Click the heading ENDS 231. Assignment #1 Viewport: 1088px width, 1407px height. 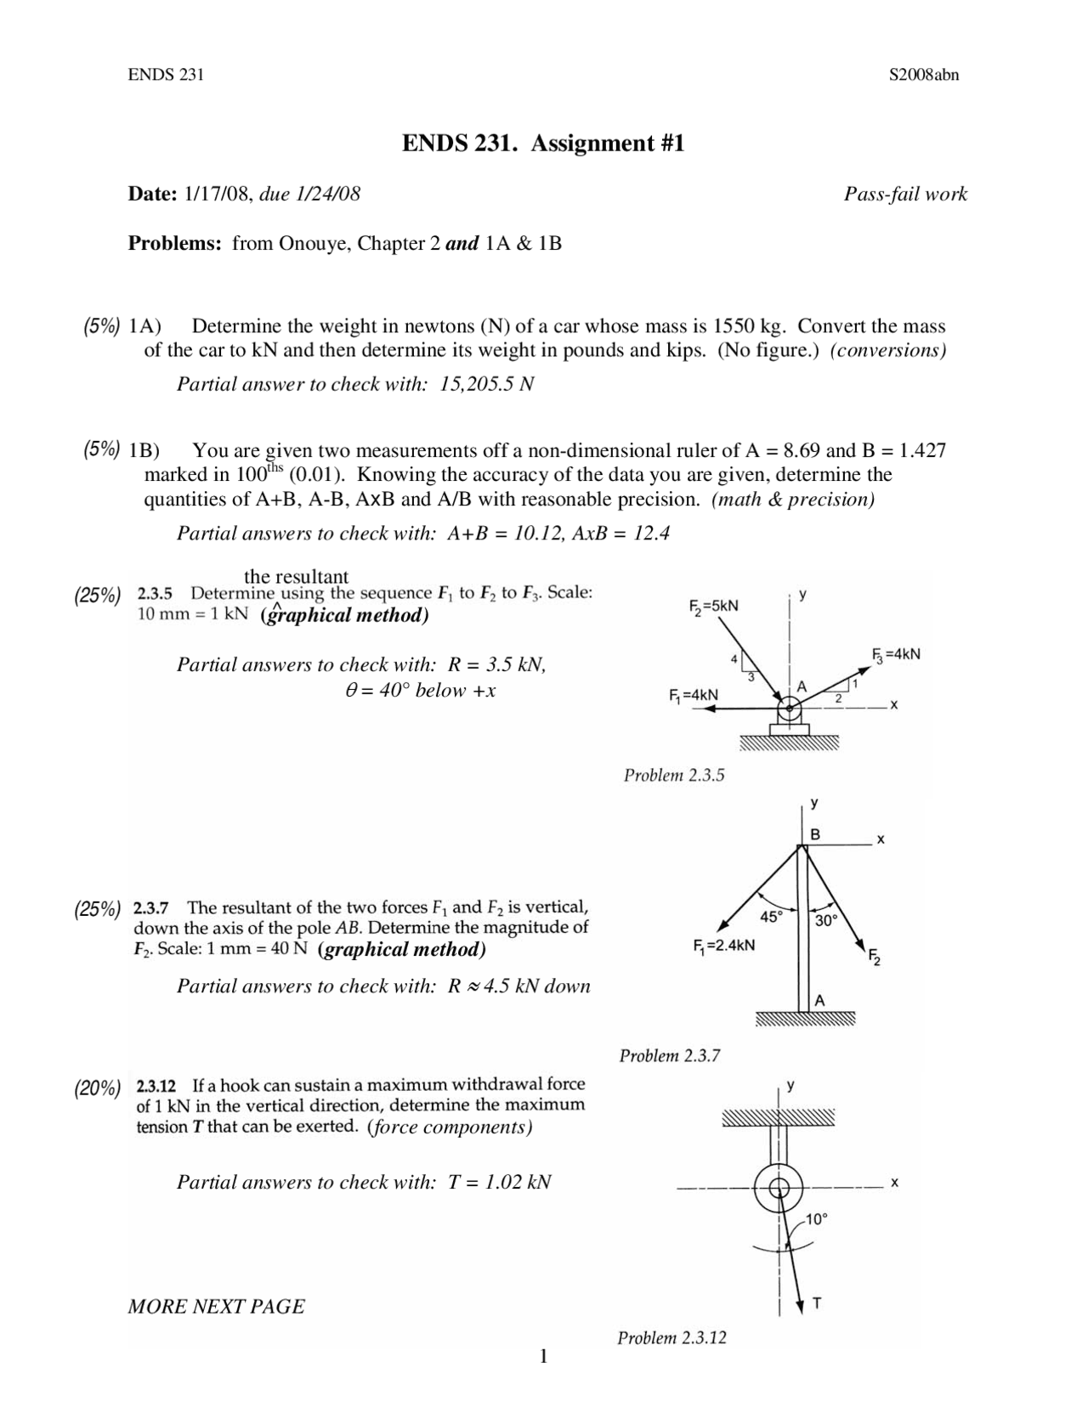(x=543, y=144)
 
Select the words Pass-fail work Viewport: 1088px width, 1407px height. (x=905, y=195)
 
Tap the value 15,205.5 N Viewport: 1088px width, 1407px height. (x=487, y=384)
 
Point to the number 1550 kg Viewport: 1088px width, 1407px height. (x=749, y=326)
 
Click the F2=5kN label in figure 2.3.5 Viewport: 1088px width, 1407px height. (x=713, y=606)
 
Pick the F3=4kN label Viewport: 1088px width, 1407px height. (x=897, y=654)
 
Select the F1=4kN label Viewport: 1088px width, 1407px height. (x=694, y=694)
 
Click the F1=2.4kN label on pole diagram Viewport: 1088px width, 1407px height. (x=723, y=945)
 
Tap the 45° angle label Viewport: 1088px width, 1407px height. (x=771, y=917)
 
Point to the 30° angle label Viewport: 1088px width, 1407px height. (x=826, y=920)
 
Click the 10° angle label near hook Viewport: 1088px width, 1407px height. (x=816, y=1219)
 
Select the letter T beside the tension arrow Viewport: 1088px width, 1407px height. (x=817, y=1302)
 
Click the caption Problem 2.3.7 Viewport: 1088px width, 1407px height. (x=670, y=1056)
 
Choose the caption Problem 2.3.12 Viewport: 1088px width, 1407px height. (x=671, y=1338)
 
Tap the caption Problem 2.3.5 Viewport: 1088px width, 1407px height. (x=674, y=775)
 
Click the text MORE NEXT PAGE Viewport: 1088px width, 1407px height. (x=216, y=1307)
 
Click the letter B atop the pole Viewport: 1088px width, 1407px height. (x=814, y=834)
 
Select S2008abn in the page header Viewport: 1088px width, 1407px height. (x=924, y=75)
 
